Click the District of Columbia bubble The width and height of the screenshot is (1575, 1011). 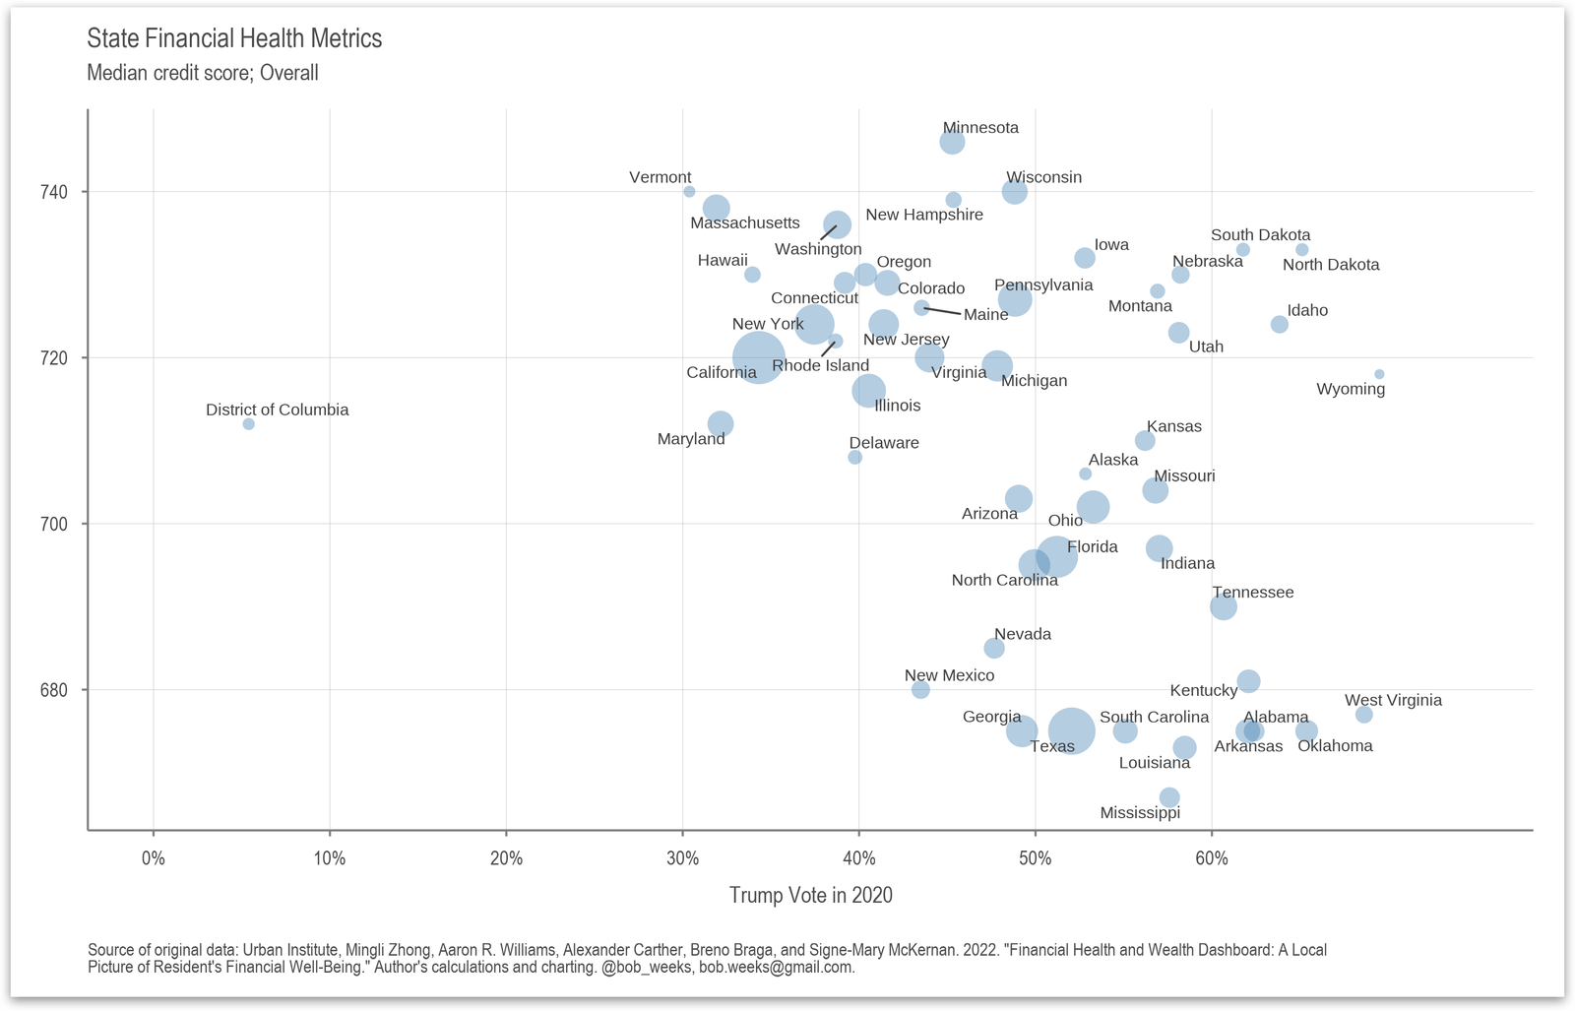[x=248, y=424]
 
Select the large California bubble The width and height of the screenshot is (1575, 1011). [x=758, y=358]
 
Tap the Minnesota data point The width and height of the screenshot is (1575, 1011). [x=952, y=143]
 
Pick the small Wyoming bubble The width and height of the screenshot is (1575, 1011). [x=1379, y=374]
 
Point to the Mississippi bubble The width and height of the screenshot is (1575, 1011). [x=1169, y=797]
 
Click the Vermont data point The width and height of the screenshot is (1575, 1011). [x=689, y=192]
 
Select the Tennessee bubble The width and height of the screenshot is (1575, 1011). [x=1224, y=606]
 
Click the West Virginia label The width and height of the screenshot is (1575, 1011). [x=1393, y=700]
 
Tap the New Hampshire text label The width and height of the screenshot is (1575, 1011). [x=924, y=215]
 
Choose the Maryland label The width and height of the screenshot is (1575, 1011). [x=691, y=439]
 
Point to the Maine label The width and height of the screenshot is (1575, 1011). [x=985, y=315]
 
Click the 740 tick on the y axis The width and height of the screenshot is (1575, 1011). [x=55, y=192]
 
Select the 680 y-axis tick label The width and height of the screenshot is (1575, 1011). [x=55, y=690]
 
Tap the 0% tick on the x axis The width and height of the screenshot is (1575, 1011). [x=154, y=858]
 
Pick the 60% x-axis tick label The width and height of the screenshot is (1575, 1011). [x=1212, y=858]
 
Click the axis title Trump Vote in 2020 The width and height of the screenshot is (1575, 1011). [x=810, y=895]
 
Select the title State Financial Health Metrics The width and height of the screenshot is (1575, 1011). [x=234, y=38]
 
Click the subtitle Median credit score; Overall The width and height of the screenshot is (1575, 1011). [x=203, y=73]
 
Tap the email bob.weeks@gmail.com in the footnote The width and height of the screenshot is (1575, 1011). [x=776, y=967]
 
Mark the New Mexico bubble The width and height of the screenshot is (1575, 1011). [x=920, y=690]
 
